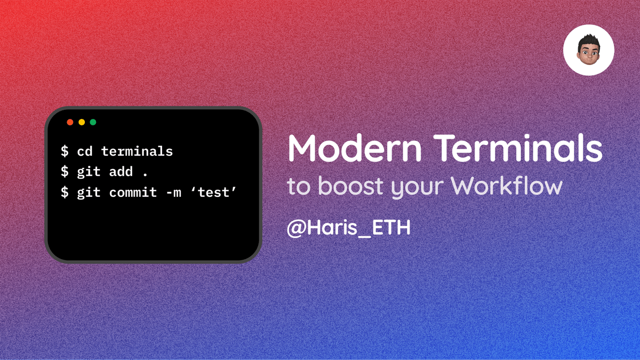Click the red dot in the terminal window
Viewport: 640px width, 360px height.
70,122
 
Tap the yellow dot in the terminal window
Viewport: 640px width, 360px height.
82,122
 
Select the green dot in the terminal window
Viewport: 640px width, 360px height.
93,122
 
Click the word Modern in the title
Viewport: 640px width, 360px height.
355,148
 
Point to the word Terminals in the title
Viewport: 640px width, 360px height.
518,148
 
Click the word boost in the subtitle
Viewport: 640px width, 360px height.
350,186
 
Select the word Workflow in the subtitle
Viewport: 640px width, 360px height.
507,186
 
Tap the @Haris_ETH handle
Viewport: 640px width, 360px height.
349,228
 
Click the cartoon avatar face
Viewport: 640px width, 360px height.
589,50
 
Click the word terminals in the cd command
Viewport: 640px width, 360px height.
137,151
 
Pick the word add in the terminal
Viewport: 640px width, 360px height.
121,172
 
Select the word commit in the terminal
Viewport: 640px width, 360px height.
133,193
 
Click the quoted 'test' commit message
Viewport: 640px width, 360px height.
213,193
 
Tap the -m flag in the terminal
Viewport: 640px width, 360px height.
173,193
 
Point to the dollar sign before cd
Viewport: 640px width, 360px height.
65,151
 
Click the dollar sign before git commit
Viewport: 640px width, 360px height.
65,193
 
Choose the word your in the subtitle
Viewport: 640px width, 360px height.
417,187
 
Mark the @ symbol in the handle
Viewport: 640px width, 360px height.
297,229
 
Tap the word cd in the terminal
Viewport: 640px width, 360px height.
85,151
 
